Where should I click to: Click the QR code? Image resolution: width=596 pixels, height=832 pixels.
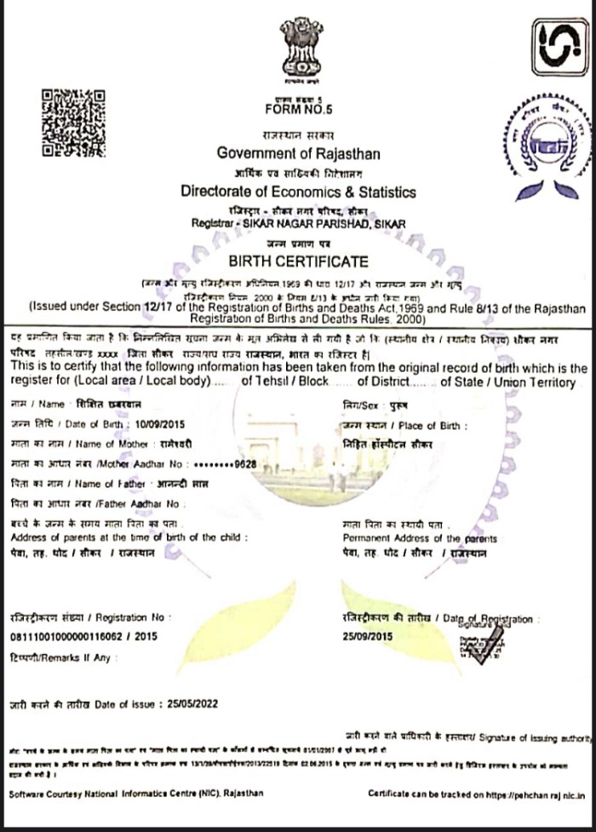pyautogui.click(x=73, y=123)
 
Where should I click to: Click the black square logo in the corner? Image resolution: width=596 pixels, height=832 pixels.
pyautogui.click(x=559, y=47)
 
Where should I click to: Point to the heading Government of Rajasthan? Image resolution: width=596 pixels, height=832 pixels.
pyautogui.click(x=298, y=153)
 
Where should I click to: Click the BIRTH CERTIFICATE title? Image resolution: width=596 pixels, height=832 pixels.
pyautogui.click(x=298, y=261)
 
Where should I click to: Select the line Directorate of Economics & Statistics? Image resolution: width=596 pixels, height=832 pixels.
pyautogui.click(x=298, y=191)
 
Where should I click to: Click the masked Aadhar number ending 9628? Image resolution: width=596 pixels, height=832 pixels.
pyautogui.click(x=225, y=463)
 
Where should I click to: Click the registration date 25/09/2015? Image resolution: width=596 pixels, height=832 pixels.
pyautogui.click(x=367, y=636)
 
